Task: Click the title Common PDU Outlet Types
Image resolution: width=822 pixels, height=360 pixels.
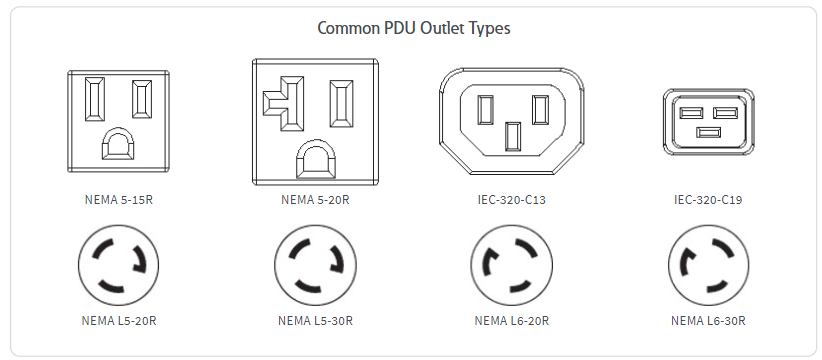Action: (x=413, y=28)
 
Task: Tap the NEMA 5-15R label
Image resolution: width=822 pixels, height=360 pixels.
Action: (x=119, y=199)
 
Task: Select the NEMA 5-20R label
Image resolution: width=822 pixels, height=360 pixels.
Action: (x=315, y=199)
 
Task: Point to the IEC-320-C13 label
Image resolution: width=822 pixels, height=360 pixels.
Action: (x=511, y=199)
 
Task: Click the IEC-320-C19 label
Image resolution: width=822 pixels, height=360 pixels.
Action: (x=708, y=199)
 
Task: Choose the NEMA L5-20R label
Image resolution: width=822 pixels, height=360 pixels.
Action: (x=119, y=321)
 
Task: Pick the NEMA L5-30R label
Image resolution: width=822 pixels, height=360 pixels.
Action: (x=315, y=321)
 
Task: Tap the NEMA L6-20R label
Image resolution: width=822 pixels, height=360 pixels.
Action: (x=511, y=321)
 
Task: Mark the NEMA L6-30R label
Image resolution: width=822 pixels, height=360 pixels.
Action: (x=708, y=321)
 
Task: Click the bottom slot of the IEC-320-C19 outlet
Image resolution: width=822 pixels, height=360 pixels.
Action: (x=708, y=132)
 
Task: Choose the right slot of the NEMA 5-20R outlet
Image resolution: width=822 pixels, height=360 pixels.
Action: (x=342, y=104)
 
